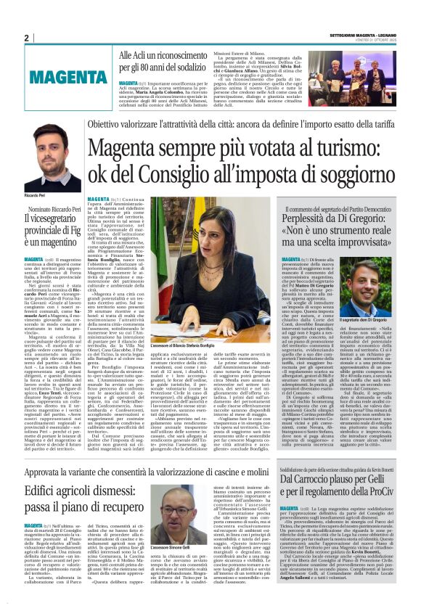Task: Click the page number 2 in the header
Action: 26,38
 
